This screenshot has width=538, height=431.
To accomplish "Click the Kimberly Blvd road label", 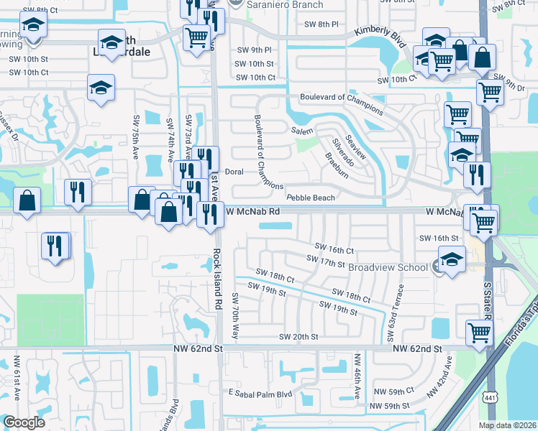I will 378,33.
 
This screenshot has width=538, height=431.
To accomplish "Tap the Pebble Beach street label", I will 311,198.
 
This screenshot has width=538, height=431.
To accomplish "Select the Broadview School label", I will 388,267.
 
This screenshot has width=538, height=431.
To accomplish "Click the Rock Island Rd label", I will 217,280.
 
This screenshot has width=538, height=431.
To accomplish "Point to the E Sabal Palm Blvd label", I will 260,394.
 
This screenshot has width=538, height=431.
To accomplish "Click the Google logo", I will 24,422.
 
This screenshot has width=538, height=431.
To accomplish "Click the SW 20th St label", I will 298,336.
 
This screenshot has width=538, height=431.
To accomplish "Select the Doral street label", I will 234,172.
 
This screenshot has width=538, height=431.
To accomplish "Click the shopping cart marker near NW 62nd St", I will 479,333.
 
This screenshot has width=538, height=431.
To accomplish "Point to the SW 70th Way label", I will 235,316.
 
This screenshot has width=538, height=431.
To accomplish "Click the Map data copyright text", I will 507,425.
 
